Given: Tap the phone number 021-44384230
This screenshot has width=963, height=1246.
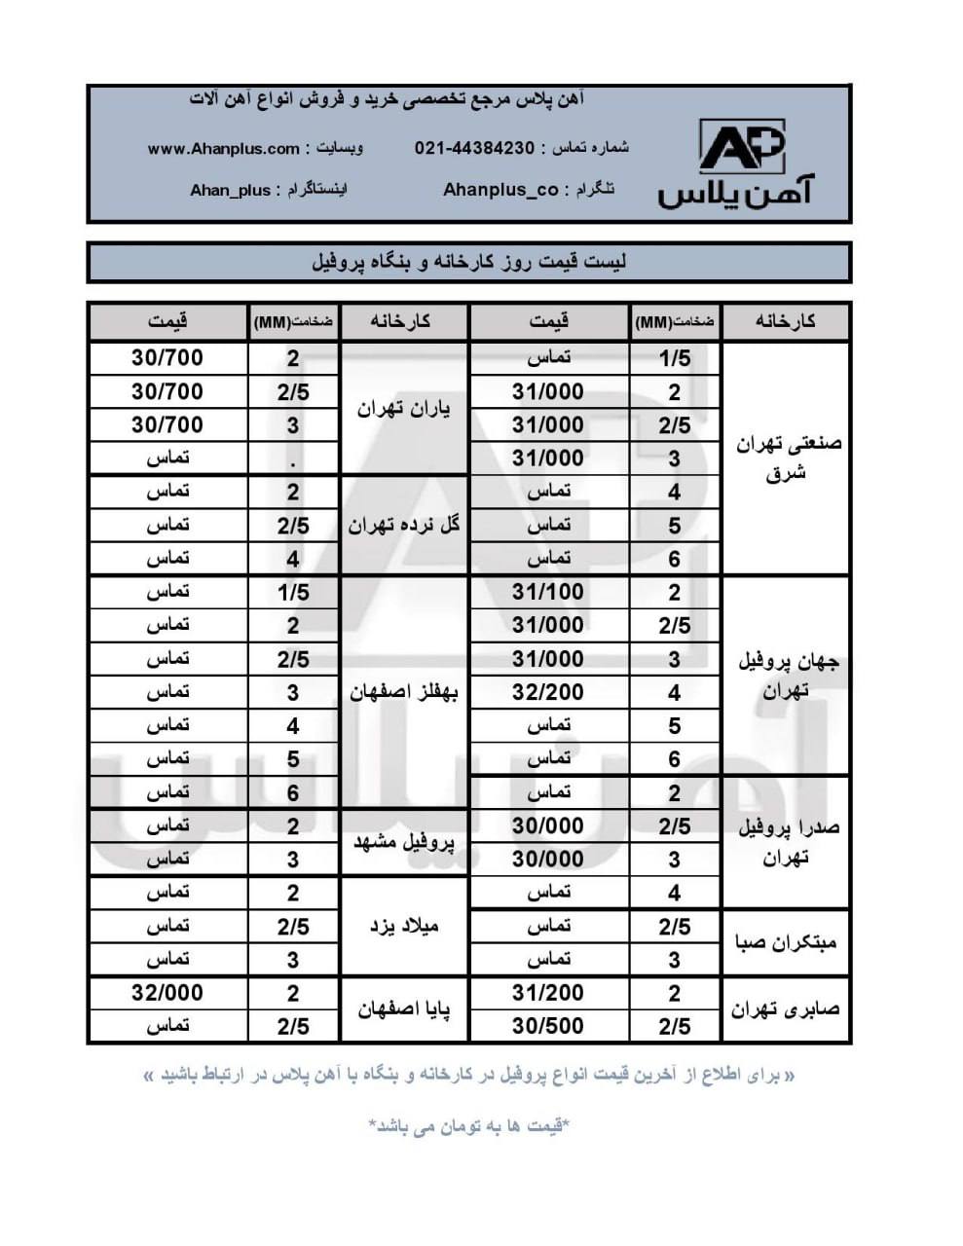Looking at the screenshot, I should coord(474,148).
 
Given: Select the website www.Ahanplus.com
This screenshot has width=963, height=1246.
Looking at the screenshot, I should coord(224,149).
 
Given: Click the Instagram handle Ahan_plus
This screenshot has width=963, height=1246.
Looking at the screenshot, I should coord(230,190).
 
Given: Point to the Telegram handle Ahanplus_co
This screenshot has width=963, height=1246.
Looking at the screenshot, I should coord(500,190).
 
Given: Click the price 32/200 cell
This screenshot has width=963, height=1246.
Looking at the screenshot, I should coord(548,692).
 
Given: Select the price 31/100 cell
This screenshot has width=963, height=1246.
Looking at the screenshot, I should coord(548,592).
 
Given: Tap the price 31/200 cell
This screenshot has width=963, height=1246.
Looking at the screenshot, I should coord(548,993).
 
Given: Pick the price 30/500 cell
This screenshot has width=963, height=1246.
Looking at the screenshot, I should coord(548,1026).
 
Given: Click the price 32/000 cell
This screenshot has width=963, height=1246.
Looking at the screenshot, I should coord(167,993).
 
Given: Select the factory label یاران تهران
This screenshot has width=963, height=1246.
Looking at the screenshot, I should coord(403,409).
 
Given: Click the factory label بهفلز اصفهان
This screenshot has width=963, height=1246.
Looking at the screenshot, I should coord(403,692).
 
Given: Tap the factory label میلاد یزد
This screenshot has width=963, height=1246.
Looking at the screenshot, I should coord(404,926).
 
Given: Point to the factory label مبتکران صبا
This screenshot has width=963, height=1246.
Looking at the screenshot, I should coord(786,942).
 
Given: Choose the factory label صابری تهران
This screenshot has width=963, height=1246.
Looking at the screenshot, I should coord(786,1009).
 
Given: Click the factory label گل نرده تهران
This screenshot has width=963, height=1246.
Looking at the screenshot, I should coord(403,526).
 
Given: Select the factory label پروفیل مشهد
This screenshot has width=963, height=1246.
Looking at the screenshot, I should coord(403,842).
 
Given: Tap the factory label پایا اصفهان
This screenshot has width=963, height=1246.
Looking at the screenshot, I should coord(403,1009).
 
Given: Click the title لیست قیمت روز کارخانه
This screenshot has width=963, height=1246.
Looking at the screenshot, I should coord(469,263).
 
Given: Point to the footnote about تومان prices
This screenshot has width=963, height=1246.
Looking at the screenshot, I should coord(469,1126).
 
